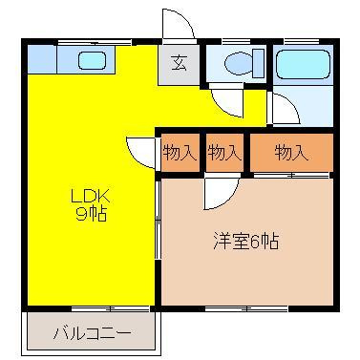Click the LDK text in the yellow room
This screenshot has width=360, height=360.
pyautogui.click(x=91, y=198)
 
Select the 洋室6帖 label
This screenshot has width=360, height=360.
pyautogui.click(x=245, y=241)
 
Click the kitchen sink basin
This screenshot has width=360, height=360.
pyautogui.click(x=90, y=62)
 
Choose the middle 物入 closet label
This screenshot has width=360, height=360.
pyautogui.click(x=223, y=152)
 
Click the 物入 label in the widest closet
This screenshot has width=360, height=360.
pyautogui.click(x=292, y=152)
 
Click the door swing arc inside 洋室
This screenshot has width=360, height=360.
pyautogui.click(x=218, y=194)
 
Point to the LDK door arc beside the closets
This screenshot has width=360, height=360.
pyautogui.click(x=139, y=151)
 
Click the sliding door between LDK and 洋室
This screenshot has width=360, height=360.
pyautogui.click(x=158, y=224)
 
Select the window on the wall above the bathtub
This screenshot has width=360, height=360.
pyautogui.click(x=302, y=41)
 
